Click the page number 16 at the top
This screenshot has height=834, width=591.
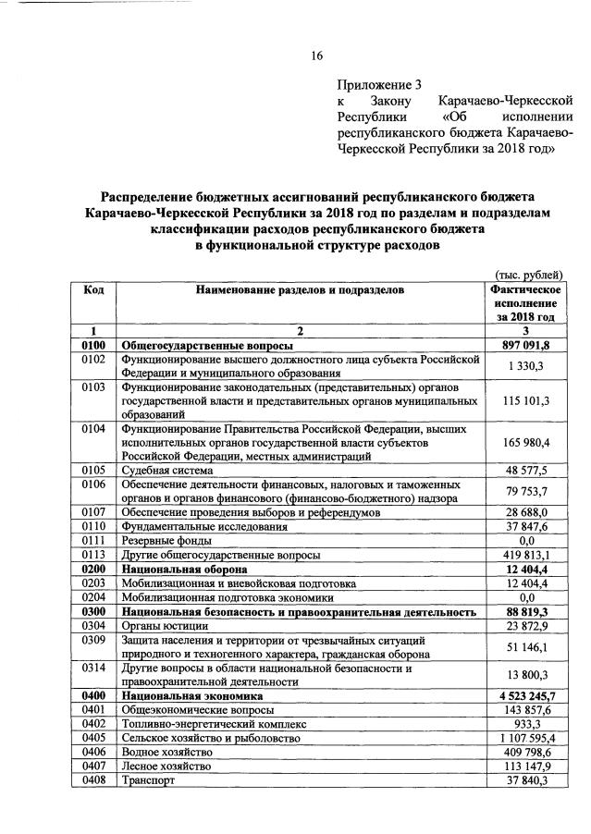[x=316, y=56]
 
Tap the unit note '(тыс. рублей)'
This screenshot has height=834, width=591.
[x=529, y=274]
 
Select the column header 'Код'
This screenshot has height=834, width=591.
[x=93, y=290]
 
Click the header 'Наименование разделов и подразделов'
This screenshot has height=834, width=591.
[x=301, y=290]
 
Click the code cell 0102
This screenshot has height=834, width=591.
[x=93, y=359]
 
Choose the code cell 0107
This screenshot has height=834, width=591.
[x=93, y=511]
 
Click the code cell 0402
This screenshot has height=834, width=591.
[x=93, y=723]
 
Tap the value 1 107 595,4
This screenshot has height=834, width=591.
[x=525, y=738]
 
